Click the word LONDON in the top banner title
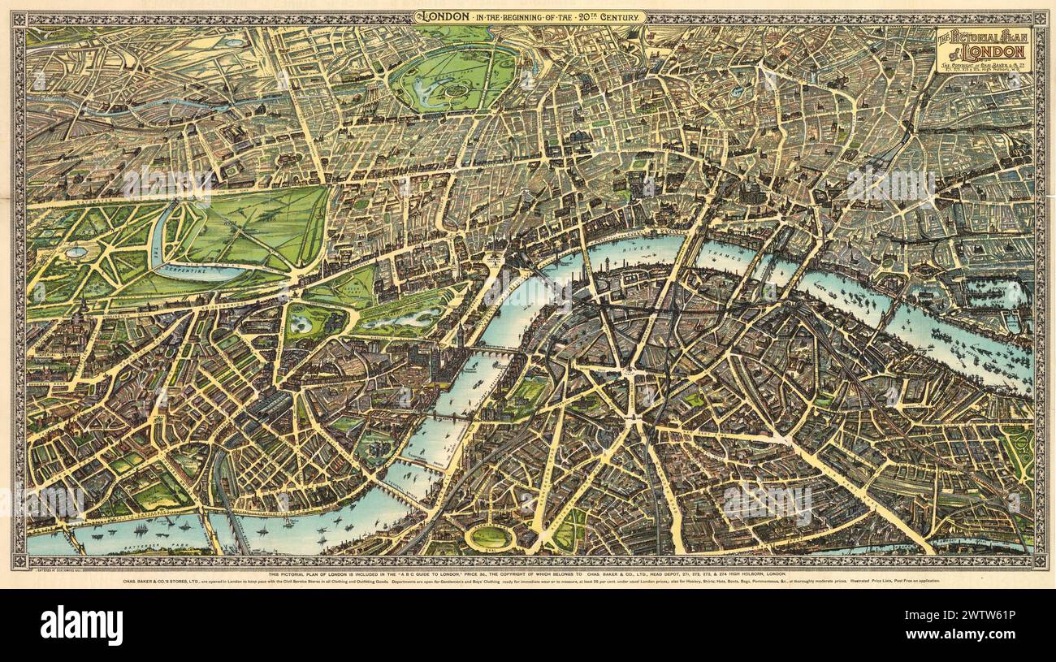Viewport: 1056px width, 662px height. [441, 16]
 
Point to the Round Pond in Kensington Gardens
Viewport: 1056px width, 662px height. [76, 252]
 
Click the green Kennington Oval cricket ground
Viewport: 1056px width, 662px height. [490, 537]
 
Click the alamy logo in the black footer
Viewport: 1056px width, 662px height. [81, 625]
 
